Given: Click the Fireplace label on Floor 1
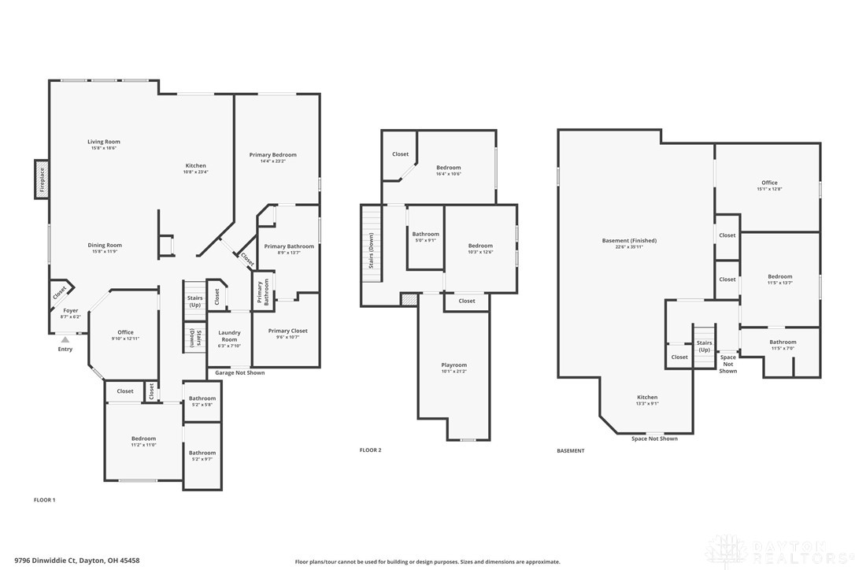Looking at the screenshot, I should coord(42,180).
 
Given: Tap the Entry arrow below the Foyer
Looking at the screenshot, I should coord(65,339).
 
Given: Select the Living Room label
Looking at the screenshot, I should coord(104,144).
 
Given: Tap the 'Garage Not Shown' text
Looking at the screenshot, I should coord(239,372).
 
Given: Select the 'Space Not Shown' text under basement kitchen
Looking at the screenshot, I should coord(654,439).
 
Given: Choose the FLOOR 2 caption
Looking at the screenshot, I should coord(370,450).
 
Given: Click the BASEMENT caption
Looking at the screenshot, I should coord(571,451).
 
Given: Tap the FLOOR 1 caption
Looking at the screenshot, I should coord(44,500).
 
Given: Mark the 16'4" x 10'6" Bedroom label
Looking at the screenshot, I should coord(448,170).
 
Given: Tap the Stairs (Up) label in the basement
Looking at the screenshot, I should coord(704,346).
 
